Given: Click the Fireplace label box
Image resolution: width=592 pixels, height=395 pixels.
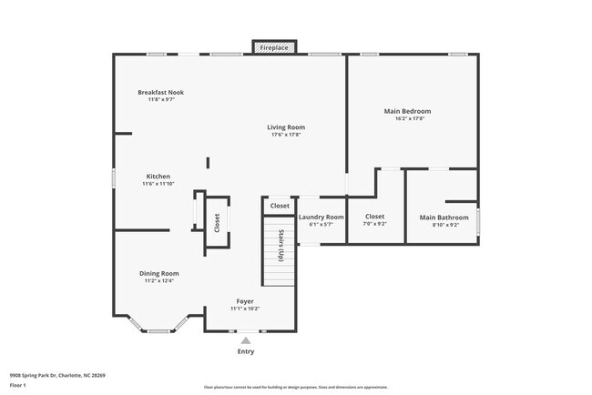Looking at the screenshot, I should coord(273,47).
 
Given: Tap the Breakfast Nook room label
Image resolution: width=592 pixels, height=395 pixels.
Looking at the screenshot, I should coord(161,92).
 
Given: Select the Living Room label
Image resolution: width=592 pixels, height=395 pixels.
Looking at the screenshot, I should coord(286,127).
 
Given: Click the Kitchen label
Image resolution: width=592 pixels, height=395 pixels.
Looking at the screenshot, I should coord(158,177).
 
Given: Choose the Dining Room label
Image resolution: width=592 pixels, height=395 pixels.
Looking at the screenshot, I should coord(158,273).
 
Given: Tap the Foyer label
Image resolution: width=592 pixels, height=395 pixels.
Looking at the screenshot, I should coord(245,300).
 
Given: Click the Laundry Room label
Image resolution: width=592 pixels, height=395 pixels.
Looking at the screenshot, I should coord(322,217).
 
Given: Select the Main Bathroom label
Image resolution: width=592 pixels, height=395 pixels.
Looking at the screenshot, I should coord(444,218).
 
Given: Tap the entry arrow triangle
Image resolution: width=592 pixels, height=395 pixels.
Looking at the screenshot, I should coord(245,340).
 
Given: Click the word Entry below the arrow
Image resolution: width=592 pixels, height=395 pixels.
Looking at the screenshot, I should coord(246,351).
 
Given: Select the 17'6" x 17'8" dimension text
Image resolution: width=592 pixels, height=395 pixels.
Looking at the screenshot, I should coord(286,135).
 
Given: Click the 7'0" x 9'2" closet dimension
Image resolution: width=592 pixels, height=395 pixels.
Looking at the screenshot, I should coord(375,224).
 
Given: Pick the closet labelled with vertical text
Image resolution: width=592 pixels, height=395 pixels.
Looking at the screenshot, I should coord(217,222).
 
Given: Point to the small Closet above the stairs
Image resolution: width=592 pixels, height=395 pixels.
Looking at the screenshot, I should coord(280,207).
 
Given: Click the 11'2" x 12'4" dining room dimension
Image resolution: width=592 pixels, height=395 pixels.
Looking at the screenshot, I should coord(158,281).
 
